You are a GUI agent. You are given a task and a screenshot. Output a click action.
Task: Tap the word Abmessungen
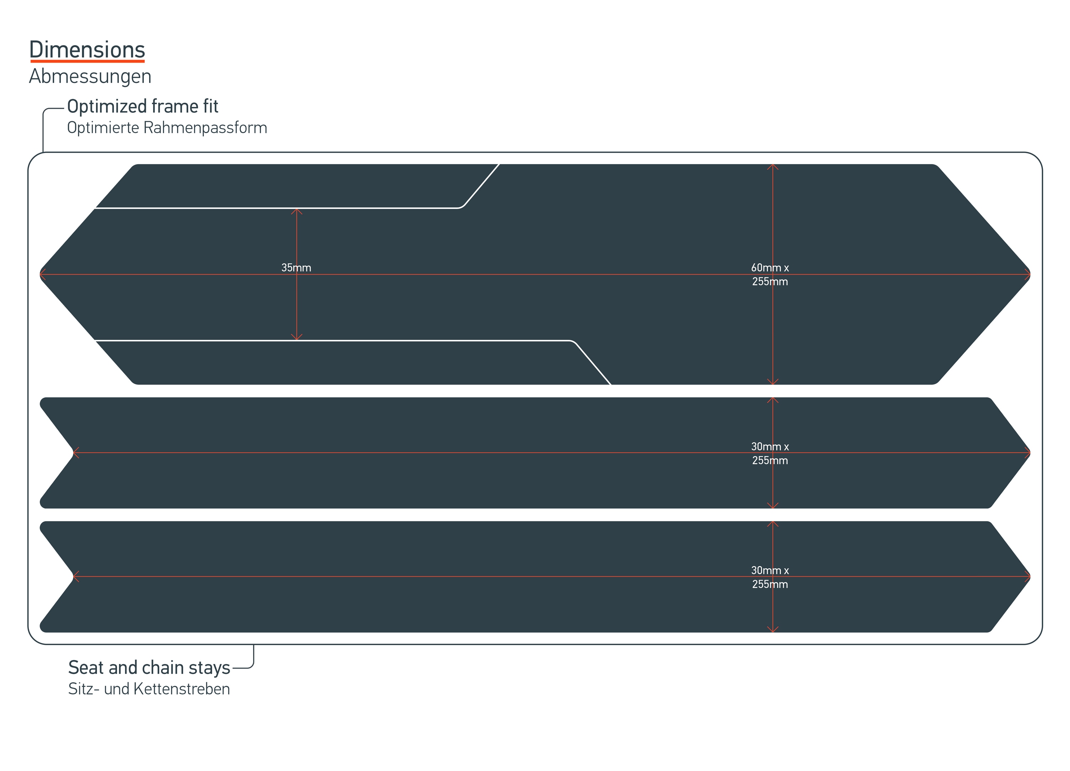tap(90, 76)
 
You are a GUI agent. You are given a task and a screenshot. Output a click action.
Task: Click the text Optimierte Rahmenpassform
tap(167, 128)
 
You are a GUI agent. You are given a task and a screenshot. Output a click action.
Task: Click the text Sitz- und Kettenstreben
tap(149, 689)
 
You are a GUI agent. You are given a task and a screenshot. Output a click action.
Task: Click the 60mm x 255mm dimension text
tap(770, 274)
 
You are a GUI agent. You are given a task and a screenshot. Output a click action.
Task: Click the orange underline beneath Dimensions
tap(87, 61)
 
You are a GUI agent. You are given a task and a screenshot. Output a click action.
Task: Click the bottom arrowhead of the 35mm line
tap(297, 338)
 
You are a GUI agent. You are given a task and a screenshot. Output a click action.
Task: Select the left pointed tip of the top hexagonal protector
tap(41, 274)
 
